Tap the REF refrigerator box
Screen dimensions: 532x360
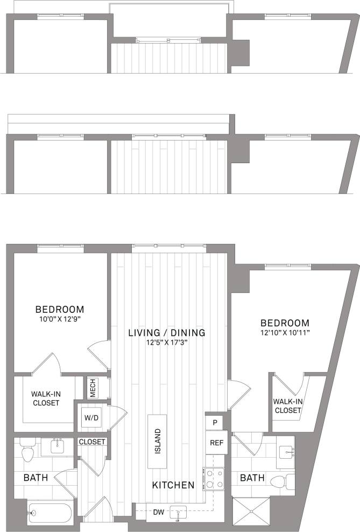click(x=216, y=443)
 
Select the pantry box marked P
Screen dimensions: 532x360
click(x=215, y=423)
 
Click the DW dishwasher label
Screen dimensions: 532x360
click(x=159, y=512)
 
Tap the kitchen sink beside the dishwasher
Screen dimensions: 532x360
click(x=178, y=513)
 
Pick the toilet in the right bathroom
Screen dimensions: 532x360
click(x=280, y=481)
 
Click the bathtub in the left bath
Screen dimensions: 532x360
click(x=50, y=512)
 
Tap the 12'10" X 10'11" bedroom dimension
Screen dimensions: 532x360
click(x=285, y=332)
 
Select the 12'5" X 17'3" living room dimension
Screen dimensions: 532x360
click(x=167, y=342)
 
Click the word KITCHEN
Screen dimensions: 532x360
click(x=173, y=485)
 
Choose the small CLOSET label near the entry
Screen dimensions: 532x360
click(x=92, y=442)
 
